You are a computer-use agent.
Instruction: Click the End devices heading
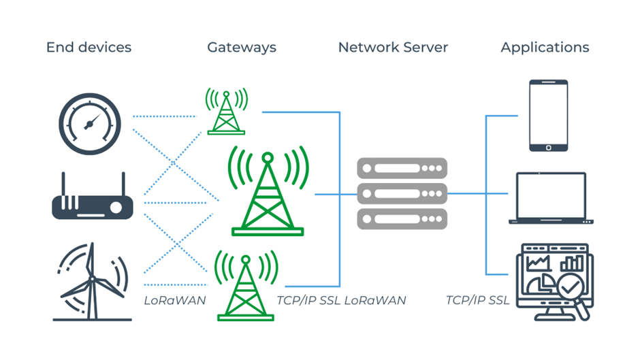click(x=89, y=48)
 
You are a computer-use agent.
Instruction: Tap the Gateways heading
click(x=242, y=48)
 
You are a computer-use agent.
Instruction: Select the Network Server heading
click(x=393, y=48)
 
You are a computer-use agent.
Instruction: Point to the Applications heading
click(x=545, y=48)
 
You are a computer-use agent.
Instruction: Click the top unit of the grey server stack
click(x=402, y=167)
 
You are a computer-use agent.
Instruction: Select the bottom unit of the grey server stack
click(x=402, y=219)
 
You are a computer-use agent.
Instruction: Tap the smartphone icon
click(x=548, y=115)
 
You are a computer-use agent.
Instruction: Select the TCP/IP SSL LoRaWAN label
click(x=341, y=300)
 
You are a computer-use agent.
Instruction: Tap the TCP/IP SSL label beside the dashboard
click(x=477, y=300)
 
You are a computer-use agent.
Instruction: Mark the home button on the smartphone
click(x=548, y=146)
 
